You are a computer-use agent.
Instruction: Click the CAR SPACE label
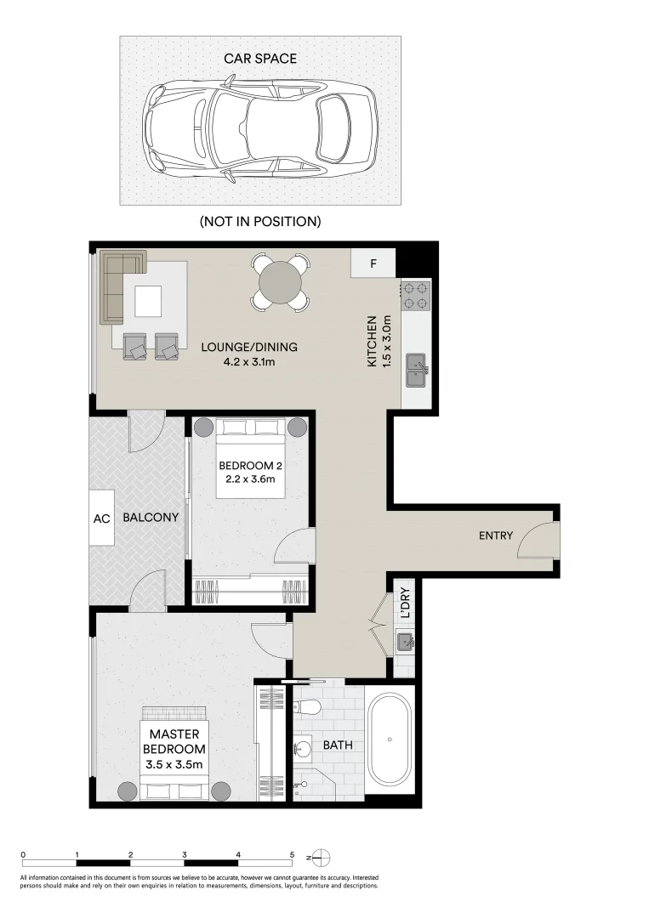(x=259, y=59)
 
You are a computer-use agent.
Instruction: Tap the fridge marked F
(x=373, y=263)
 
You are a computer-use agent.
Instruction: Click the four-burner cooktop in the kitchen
(x=416, y=295)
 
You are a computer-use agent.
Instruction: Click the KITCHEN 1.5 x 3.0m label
(x=378, y=342)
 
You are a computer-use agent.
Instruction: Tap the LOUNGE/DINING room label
(x=249, y=354)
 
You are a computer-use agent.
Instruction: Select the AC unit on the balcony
(x=101, y=518)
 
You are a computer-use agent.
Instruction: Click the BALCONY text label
(x=151, y=517)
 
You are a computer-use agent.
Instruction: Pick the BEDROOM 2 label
(x=250, y=472)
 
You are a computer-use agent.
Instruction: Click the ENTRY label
(x=496, y=535)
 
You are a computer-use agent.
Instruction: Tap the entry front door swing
(x=537, y=541)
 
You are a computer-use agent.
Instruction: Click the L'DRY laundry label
(x=406, y=604)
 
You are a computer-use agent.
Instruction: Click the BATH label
(x=337, y=745)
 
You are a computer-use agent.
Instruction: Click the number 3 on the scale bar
(x=185, y=854)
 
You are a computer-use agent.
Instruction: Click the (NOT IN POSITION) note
(x=259, y=222)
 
